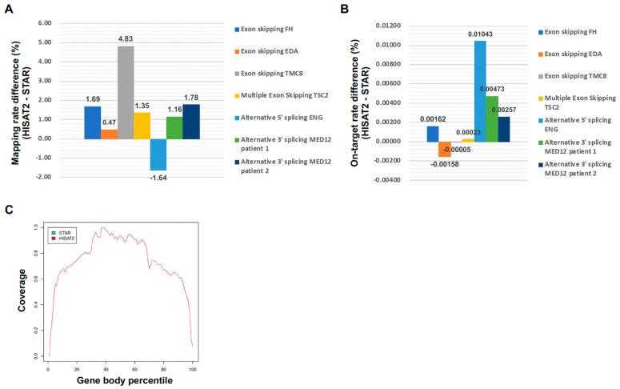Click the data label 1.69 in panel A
[91, 100]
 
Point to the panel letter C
[9, 210]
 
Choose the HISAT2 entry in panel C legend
[66, 239]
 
